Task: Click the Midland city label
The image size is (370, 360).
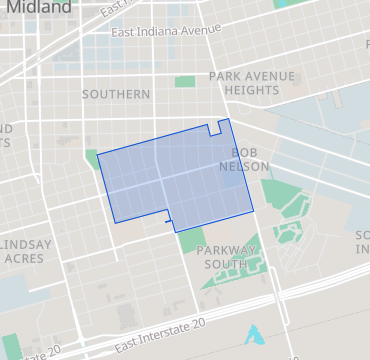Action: tap(36, 8)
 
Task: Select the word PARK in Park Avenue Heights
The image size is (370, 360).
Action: tap(225, 76)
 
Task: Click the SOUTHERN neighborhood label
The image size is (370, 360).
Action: tap(115, 94)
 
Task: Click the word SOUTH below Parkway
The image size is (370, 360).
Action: tap(224, 264)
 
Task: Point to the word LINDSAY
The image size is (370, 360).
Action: tap(26, 244)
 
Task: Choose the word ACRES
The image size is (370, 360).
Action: tap(24, 258)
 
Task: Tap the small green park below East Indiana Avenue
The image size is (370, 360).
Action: tap(185, 82)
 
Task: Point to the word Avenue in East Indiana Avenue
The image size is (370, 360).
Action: tap(198, 29)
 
